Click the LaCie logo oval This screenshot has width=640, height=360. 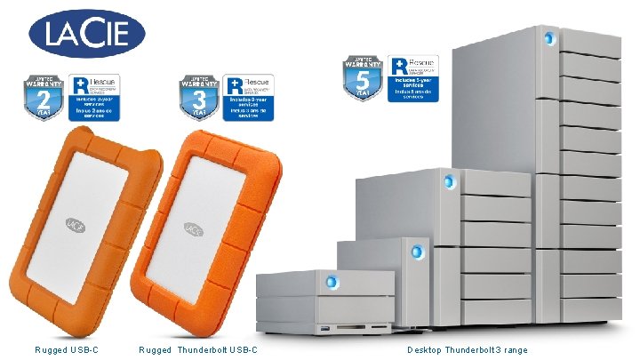tap(88, 34)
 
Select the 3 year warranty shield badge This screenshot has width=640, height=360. tap(199, 97)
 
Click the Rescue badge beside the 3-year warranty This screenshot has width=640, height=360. tap(248, 97)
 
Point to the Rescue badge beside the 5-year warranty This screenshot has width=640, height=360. tap(413, 76)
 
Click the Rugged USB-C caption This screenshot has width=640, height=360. tap(67, 349)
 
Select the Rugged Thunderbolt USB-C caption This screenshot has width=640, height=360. tap(198, 349)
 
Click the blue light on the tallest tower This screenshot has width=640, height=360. tap(548, 39)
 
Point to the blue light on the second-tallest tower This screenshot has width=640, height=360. tap(448, 182)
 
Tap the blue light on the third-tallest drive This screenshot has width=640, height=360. tap(412, 252)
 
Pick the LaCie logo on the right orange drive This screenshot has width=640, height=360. tap(192, 228)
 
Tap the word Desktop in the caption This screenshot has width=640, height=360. tap(425, 349)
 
